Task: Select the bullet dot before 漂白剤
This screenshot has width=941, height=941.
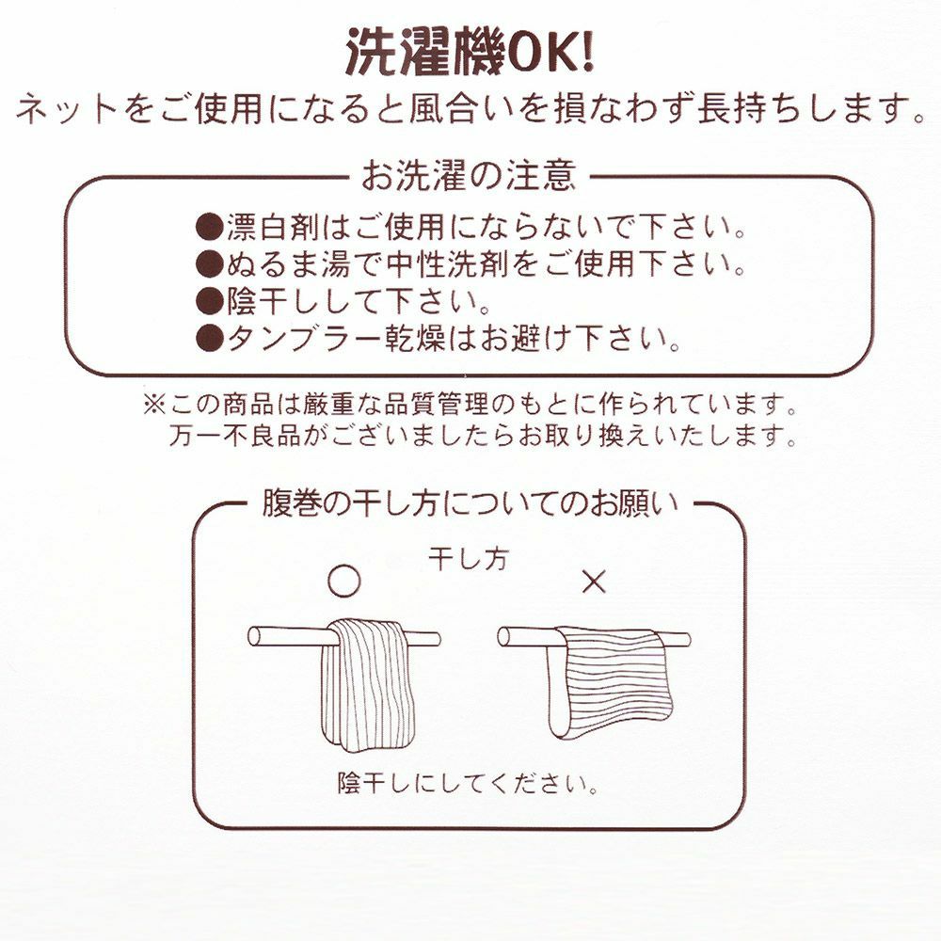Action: click(210, 227)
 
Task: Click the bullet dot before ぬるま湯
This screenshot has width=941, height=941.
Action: click(210, 263)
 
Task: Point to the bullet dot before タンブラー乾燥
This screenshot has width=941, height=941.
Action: click(210, 339)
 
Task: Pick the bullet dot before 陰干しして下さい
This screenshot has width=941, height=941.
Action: click(210, 301)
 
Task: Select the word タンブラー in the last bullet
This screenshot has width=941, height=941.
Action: click(302, 340)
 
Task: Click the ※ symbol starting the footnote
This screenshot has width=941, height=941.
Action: click(154, 405)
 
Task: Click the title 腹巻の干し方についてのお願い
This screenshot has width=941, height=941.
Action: click(470, 504)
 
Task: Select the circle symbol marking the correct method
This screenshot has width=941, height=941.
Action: click(344, 581)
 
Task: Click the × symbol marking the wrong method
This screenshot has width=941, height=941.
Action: click(594, 581)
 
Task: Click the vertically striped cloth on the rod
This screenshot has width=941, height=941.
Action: click(363, 685)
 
